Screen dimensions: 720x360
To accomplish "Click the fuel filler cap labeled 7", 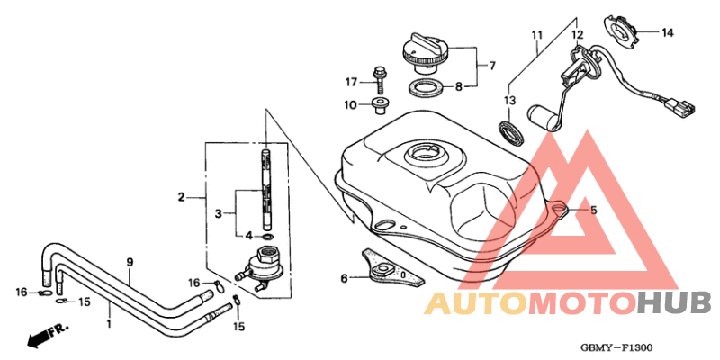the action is tap(424, 53).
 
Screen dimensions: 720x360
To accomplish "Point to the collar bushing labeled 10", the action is tap(379, 105).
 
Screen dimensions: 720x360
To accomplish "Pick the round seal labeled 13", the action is tap(511, 132).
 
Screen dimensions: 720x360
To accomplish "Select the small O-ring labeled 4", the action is tap(268, 237).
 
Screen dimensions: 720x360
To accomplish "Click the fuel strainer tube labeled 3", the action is tap(266, 189).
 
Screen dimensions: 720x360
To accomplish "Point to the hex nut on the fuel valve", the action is tap(266, 254).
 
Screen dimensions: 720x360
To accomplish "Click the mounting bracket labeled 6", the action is tap(392, 266).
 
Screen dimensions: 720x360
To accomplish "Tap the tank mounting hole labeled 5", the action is tap(559, 210).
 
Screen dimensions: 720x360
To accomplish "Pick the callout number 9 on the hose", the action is tap(130, 262).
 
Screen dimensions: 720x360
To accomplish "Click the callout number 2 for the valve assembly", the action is tap(182, 197).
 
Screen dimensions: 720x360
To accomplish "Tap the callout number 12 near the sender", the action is tap(577, 34).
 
